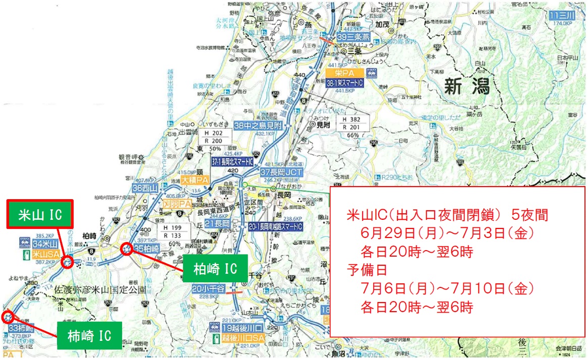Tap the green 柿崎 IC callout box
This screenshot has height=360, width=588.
point(89,334)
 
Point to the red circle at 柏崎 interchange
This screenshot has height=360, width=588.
point(127,248)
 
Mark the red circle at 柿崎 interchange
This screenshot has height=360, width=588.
point(7,317)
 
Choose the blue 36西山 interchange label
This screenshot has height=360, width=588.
point(145,188)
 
